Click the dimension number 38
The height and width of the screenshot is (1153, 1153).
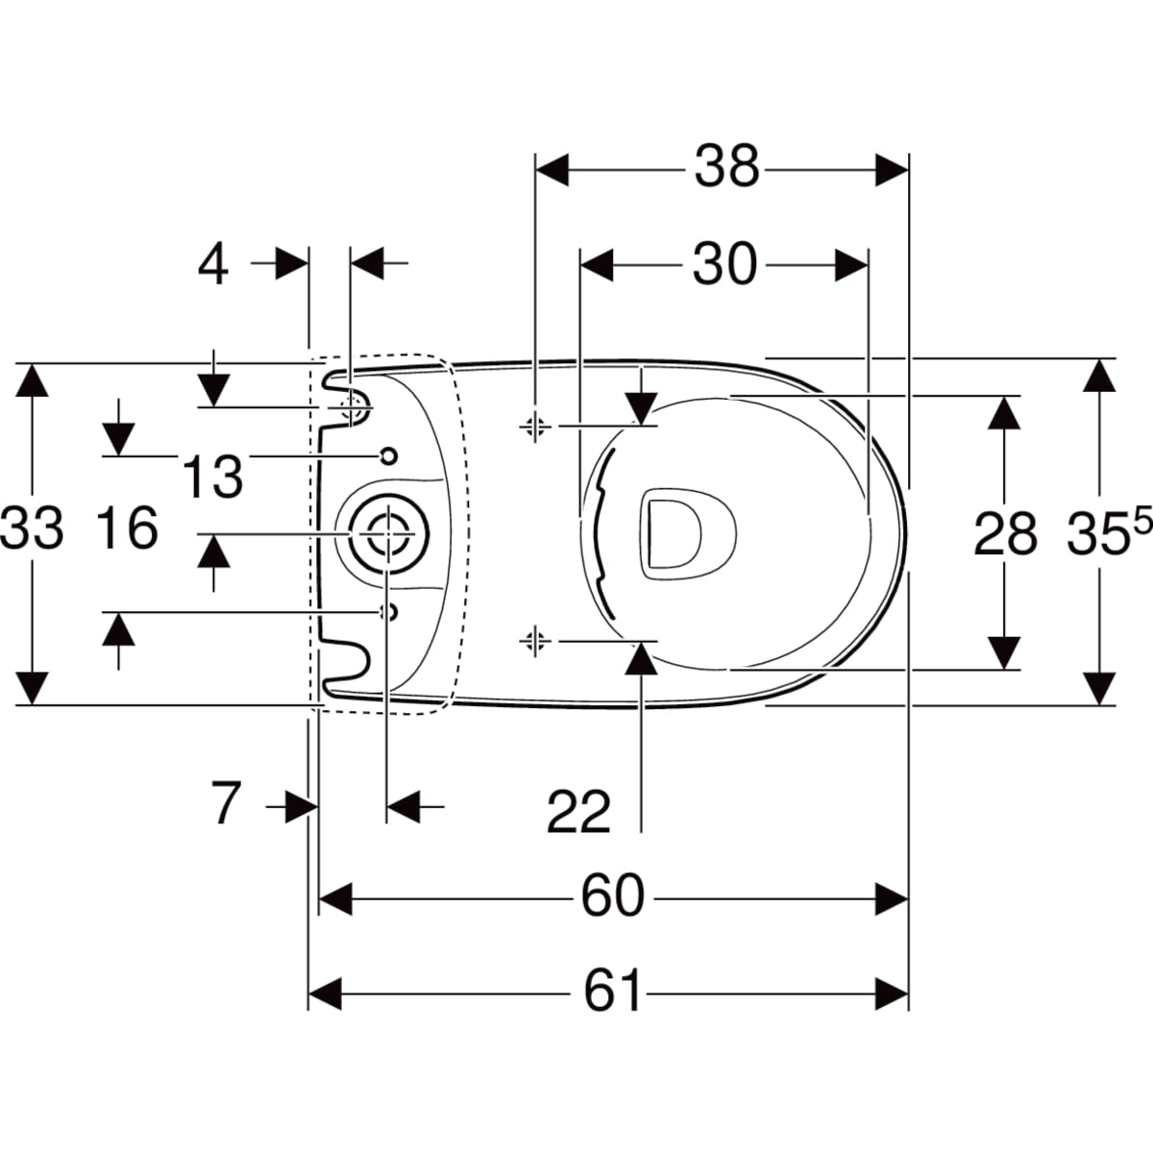pyautogui.click(x=726, y=167)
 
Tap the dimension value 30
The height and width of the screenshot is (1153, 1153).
pyautogui.click(x=724, y=264)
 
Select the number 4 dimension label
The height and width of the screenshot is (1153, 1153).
pyautogui.click(x=213, y=264)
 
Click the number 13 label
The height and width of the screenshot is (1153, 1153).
pyautogui.click(x=211, y=477)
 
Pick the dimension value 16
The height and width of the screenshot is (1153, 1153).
pyautogui.click(x=128, y=527)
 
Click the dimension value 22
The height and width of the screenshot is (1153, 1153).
pyautogui.click(x=578, y=812)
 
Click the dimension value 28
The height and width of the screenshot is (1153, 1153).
pyautogui.click(x=1005, y=534)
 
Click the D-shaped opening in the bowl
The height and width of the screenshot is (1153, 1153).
pyautogui.click(x=689, y=534)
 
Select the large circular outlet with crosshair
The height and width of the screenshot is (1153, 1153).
pyautogui.click(x=388, y=533)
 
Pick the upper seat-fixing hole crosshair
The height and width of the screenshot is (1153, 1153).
pyautogui.click(x=534, y=427)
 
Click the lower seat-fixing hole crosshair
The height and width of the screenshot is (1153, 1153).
pyautogui.click(x=534, y=640)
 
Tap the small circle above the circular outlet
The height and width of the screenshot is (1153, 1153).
pyautogui.click(x=388, y=456)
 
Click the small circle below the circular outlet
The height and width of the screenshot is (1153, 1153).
pyautogui.click(x=389, y=612)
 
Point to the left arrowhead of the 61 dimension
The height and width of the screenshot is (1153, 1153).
pyautogui.click(x=325, y=991)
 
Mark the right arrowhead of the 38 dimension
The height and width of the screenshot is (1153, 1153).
pyautogui.click(x=892, y=170)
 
